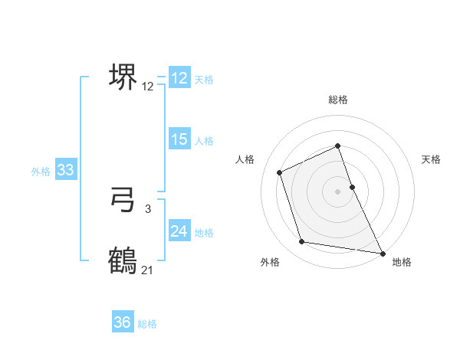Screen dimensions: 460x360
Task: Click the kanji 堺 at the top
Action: [123, 77]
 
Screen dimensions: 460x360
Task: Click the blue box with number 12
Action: [179, 78]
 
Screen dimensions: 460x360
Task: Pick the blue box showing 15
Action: [179, 139]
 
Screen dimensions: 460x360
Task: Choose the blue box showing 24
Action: [179, 231]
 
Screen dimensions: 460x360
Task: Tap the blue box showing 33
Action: [65, 170]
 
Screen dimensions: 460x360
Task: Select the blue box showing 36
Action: [123, 322]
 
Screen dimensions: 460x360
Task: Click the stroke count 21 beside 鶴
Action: [148, 270]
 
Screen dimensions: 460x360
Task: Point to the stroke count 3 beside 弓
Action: [148, 208]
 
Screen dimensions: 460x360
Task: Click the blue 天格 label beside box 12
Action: [204, 80]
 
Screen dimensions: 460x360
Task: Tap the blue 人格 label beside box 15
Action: [204, 141]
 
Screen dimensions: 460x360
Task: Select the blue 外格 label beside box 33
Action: [41, 172]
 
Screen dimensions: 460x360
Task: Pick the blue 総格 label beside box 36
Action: [147, 324]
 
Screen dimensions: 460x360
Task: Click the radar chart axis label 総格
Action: [338, 100]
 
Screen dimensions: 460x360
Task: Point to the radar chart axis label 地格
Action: [402, 262]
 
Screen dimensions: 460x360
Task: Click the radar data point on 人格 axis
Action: [280, 172]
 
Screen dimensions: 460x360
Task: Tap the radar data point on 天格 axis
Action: [352, 186]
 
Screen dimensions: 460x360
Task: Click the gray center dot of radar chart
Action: [338, 191]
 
